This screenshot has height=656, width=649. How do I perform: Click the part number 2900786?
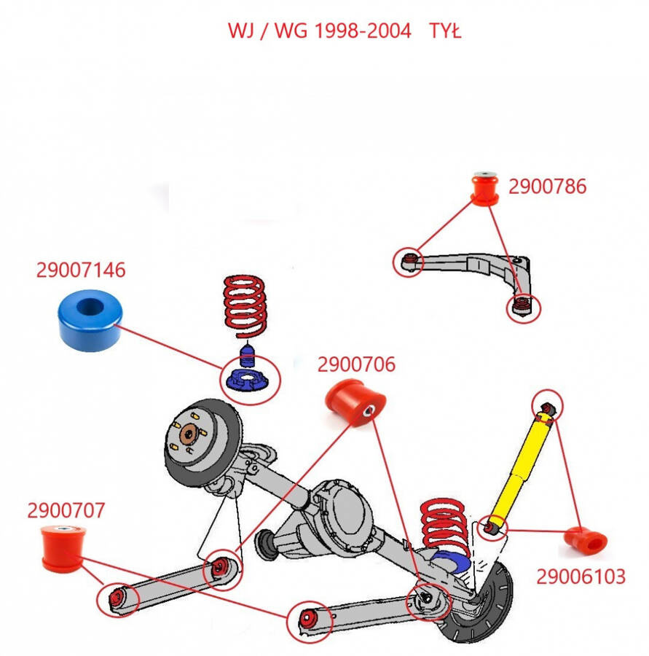[547, 187]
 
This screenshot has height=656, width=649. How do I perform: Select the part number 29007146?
[81, 270]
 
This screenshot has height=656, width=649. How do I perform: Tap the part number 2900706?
[356, 364]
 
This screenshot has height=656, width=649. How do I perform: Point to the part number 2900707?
[66, 510]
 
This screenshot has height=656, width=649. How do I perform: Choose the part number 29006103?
[581, 577]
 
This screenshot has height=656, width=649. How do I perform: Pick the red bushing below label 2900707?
[60, 547]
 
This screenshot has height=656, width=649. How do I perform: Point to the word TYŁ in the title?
[445, 31]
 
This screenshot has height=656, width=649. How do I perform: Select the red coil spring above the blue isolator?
[245, 308]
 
